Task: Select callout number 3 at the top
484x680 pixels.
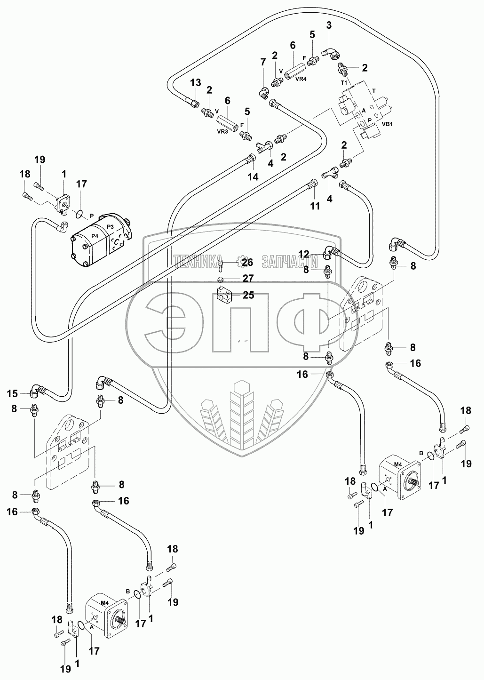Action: point(329,25)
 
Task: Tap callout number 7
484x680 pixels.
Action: point(263,62)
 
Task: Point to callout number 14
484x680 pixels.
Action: point(254,177)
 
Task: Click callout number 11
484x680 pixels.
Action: point(314,206)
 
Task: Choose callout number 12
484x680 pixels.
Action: point(304,254)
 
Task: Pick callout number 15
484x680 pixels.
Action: point(13,393)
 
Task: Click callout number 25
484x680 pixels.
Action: point(248,295)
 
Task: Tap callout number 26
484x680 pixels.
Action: point(248,262)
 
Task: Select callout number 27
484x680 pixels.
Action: point(248,278)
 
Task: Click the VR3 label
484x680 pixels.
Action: point(222,132)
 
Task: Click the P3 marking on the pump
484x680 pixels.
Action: point(111,227)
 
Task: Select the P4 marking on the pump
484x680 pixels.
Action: point(95,236)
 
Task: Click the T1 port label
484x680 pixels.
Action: point(343,82)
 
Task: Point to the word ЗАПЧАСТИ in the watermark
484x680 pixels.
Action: point(287,262)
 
